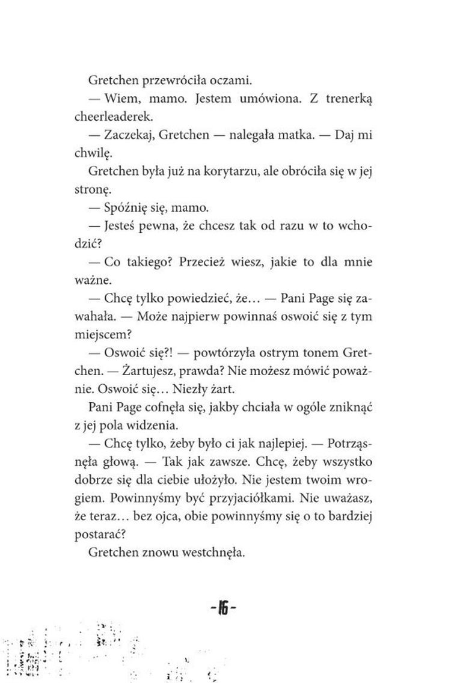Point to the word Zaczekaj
pos(129,137)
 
